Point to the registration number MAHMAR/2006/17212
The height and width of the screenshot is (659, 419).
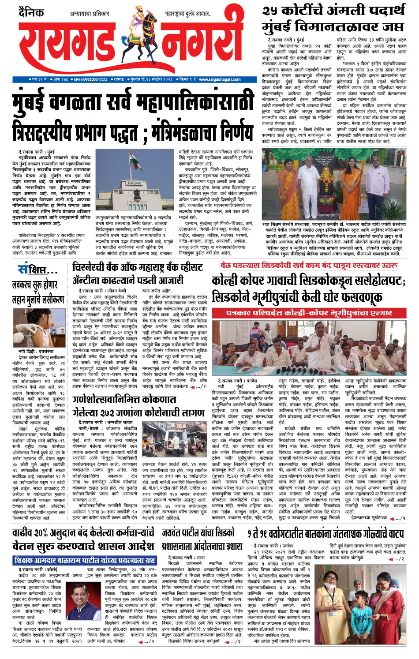[x=90, y=79]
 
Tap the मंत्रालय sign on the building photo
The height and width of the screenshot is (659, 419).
[x=134, y=182]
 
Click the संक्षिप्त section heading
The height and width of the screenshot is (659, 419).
[x=37, y=270]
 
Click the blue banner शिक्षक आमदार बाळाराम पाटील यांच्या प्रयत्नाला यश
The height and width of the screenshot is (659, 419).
[x=84, y=560]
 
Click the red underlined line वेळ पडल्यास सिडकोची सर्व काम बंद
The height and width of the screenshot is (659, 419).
[x=309, y=266]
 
